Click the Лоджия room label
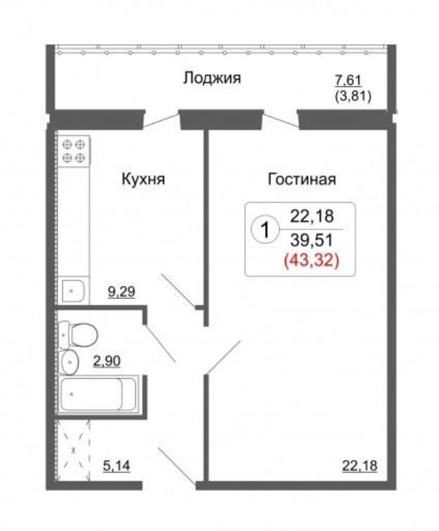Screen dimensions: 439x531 [x=212, y=79]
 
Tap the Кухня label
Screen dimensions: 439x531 [x=143, y=179]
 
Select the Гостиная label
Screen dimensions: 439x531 [x=302, y=179]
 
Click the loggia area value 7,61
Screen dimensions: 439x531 [x=349, y=81]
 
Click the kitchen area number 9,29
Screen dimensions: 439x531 [x=121, y=291]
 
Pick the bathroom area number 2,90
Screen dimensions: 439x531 [x=107, y=361]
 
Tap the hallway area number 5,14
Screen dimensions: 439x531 [x=116, y=466]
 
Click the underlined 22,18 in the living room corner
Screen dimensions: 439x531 [x=360, y=466]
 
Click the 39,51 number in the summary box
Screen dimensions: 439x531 [x=312, y=240]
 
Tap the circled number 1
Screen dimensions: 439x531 [x=265, y=229]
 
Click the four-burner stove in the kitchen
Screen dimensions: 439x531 [x=74, y=151]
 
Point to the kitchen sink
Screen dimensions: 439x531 [x=74, y=290]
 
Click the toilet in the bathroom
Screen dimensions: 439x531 [x=78, y=335]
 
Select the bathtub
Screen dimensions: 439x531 [x=98, y=394]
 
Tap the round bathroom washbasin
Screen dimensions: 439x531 [x=69, y=363]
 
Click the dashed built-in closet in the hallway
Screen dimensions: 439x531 [x=74, y=450]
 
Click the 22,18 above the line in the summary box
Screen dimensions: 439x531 [x=312, y=216]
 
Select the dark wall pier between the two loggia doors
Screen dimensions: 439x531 [x=221, y=119]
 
